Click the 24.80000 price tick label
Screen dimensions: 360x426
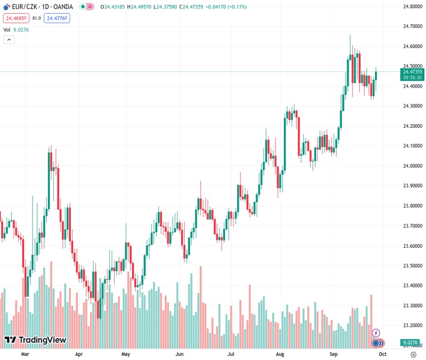pos(413,7)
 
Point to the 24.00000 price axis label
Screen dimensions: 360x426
pos(413,166)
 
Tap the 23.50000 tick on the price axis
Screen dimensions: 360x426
pos(413,265)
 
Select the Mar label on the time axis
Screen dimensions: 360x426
pos(25,354)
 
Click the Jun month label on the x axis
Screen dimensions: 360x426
pos(179,354)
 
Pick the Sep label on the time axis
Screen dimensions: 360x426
pos(334,354)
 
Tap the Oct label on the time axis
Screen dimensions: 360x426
pos(382,354)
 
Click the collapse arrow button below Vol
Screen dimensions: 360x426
pos(9,40)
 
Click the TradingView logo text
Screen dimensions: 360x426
pos(42,340)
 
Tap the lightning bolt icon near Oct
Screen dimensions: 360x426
pos(376,332)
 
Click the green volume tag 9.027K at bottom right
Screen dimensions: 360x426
pos(413,343)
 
